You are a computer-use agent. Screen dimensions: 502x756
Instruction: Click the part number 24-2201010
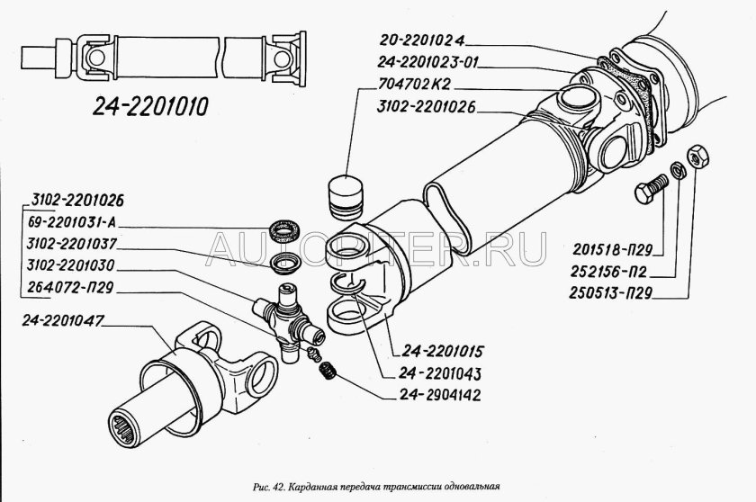tap(151, 107)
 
